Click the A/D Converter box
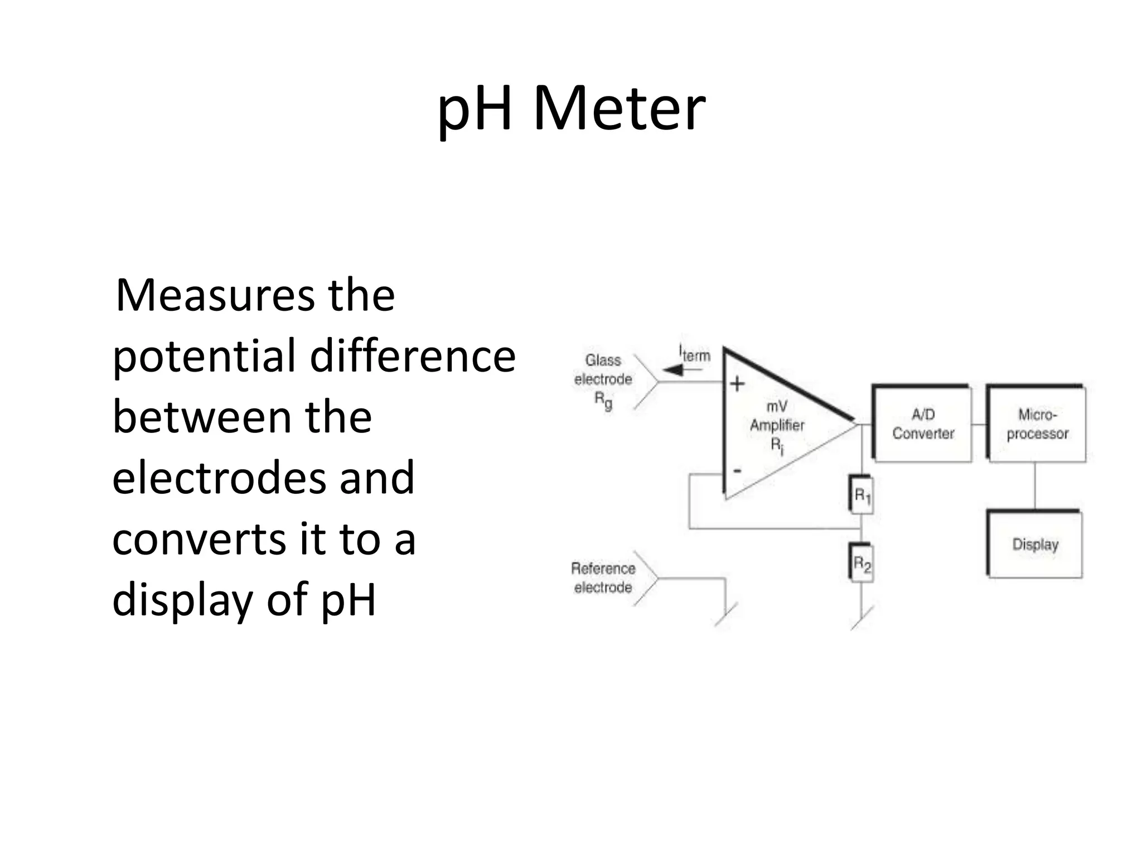(x=923, y=424)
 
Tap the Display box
(x=1035, y=544)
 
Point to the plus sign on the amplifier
(x=737, y=384)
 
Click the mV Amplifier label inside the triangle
(x=777, y=425)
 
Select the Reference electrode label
(x=603, y=577)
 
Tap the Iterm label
(x=695, y=354)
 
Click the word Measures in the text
(x=215, y=295)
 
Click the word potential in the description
(x=204, y=357)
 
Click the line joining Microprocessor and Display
(x=1035, y=485)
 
